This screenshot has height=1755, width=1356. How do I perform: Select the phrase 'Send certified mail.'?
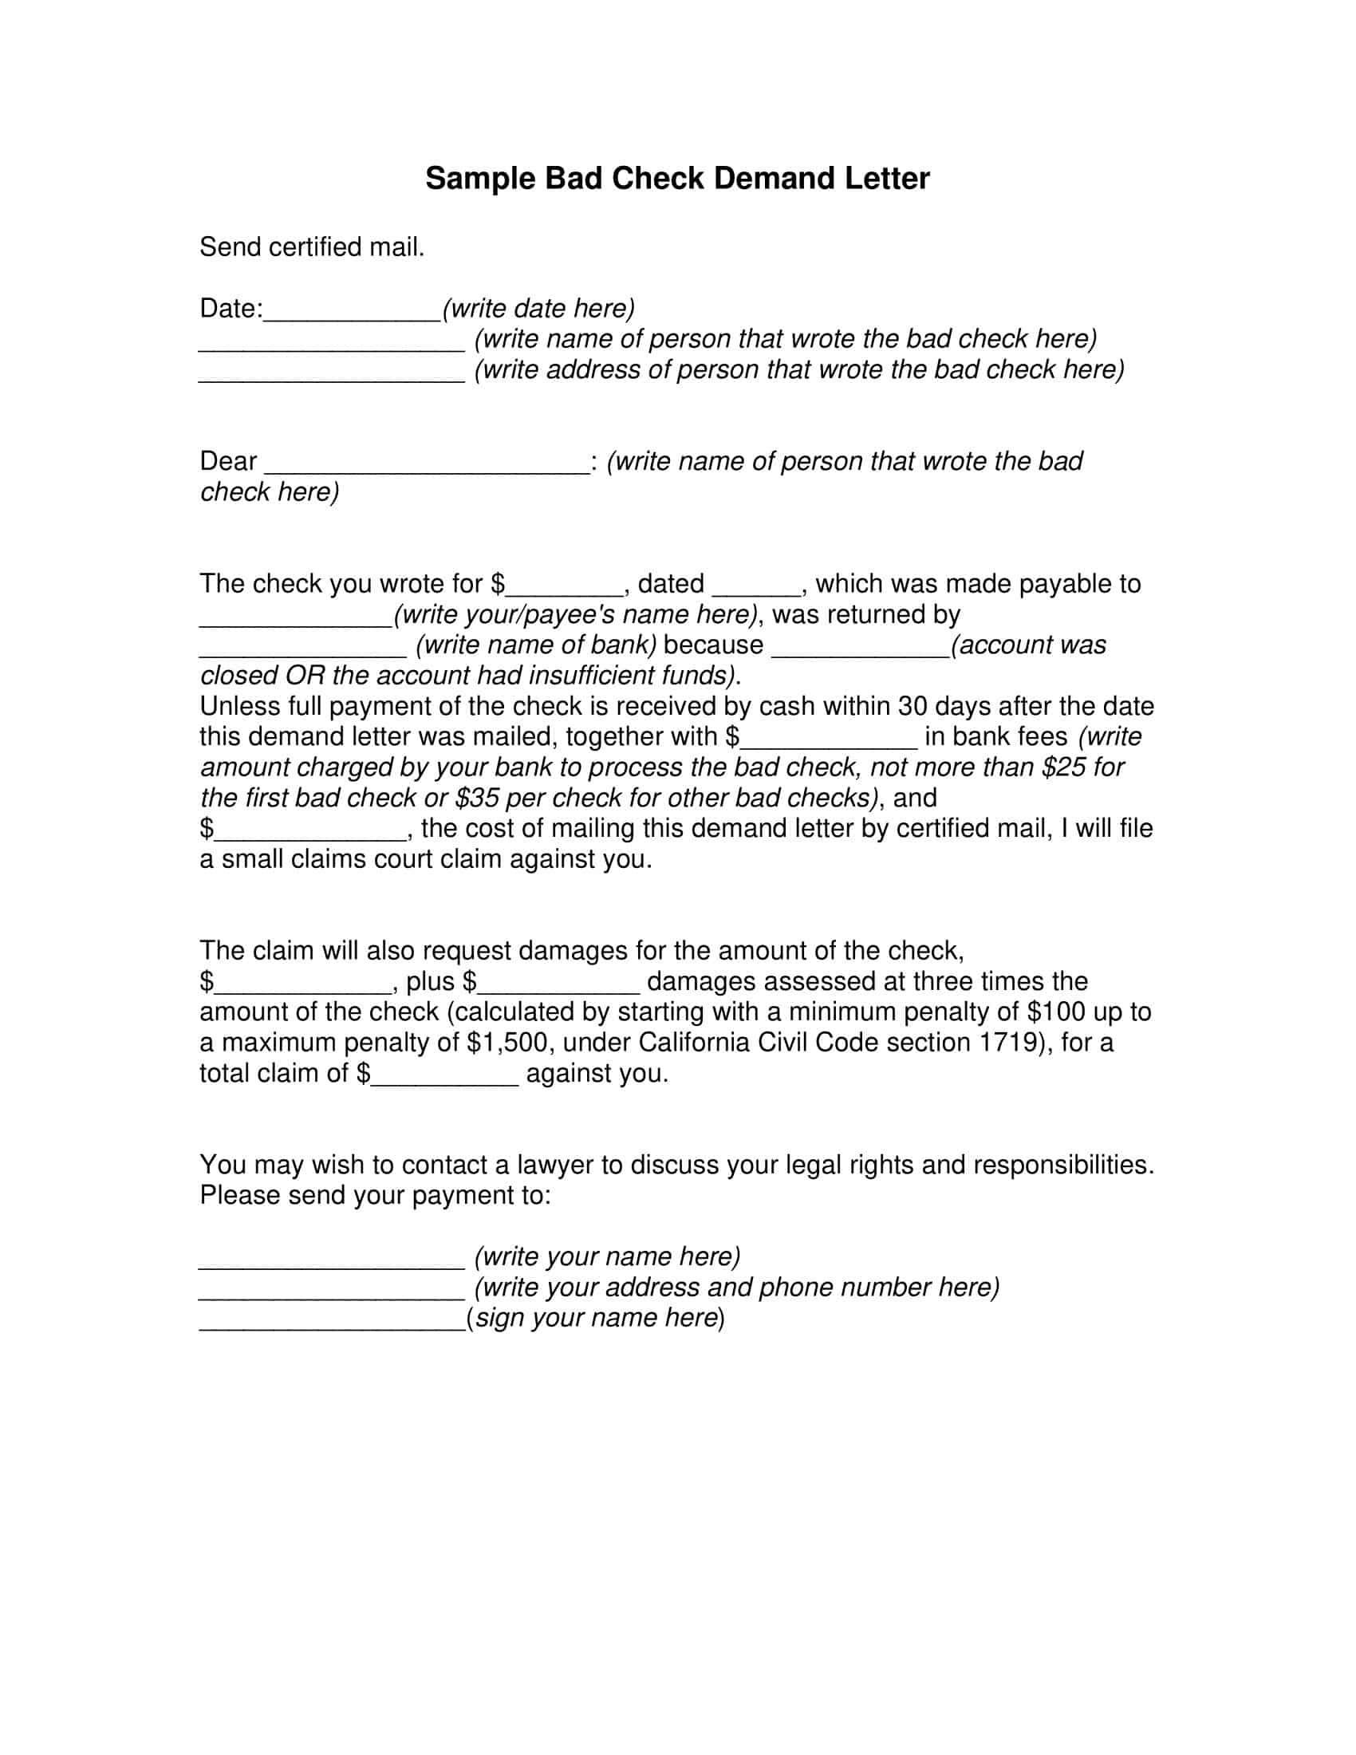click(x=312, y=246)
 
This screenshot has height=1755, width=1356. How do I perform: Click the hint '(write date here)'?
click(x=538, y=309)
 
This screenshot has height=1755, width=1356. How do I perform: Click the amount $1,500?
click(x=507, y=1043)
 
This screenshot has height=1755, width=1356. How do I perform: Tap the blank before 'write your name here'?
click(x=332, y=1259)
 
